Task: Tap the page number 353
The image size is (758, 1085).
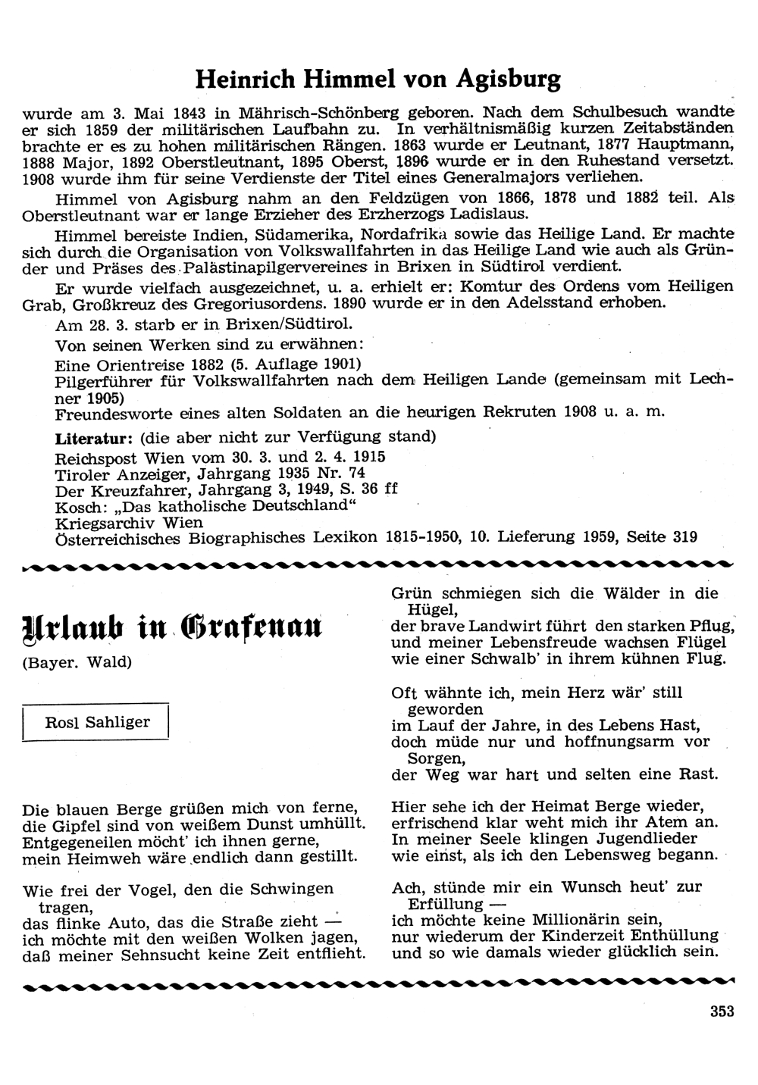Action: click(x=722, y=1012)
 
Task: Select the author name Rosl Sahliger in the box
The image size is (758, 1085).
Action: click(x=98, y=722)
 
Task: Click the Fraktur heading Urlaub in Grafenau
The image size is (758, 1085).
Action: click(x=173, y=627)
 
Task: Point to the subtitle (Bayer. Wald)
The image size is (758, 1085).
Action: click(x=77, y=662)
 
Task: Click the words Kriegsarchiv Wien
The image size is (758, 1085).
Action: click(x=129, y=522)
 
